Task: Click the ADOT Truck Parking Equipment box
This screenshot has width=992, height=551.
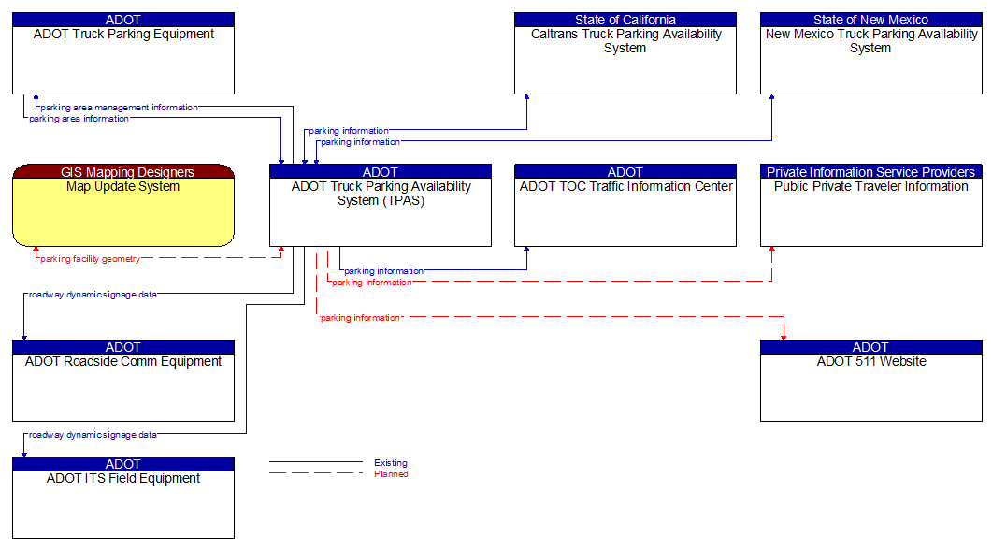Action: pos(122,60)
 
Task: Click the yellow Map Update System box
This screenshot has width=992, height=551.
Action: pos(122,211)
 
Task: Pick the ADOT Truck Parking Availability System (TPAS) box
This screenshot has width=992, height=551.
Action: pos(381,211)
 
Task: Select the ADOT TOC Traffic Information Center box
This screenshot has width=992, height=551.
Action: pos(625,211)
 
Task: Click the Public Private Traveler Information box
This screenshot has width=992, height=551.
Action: pos(870,211)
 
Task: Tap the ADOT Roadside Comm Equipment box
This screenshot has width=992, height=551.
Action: pos(122,386)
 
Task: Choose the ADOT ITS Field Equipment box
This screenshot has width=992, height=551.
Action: pos(122,503)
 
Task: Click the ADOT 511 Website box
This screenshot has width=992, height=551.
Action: pos(870,386)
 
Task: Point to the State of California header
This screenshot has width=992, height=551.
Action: pos(625,20)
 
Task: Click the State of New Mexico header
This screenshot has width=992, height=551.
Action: pos(870,20)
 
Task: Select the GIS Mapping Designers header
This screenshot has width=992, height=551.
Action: pos(122,172)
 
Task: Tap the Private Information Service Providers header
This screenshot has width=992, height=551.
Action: pos(870,172)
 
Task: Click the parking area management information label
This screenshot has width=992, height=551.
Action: pos(119,108)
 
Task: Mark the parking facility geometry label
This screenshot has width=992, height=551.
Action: pos(90,259)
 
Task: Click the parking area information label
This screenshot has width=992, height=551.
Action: pos(79,119)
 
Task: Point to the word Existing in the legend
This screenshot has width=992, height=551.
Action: pos(390,463)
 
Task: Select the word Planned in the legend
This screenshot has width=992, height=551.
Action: pos(391,474)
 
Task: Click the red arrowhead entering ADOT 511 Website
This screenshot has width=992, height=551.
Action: pos(784,336)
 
